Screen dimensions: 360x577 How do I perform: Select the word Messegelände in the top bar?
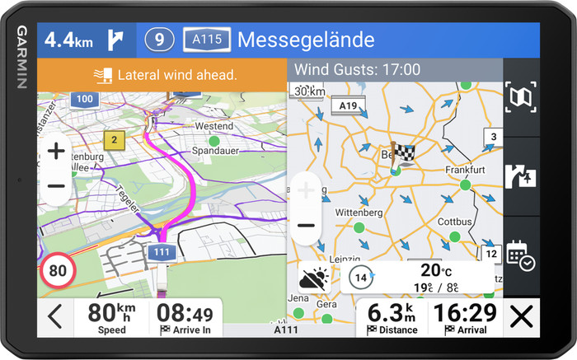click(306, 39)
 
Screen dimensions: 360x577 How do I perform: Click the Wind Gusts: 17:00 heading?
click(357, 70)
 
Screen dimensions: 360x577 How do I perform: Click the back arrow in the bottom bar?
click(55, 317)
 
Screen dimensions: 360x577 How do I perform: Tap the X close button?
click(520, 317)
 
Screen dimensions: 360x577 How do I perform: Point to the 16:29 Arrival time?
click(466, 313)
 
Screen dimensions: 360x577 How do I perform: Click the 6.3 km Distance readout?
click(392, 313)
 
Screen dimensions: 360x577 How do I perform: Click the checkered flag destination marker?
click(402, 153)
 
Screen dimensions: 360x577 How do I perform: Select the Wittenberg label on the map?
click(359, 213)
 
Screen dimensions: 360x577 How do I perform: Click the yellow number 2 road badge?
click(115, 139)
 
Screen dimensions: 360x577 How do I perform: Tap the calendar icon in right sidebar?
click(521, 255)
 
